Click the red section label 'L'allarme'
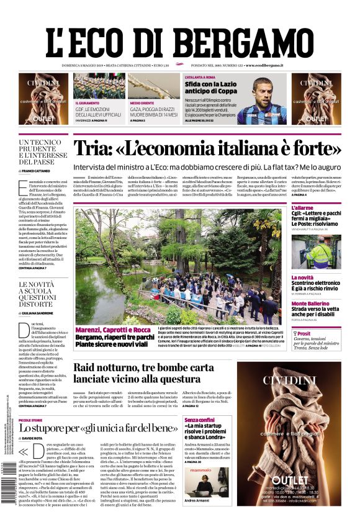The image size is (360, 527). tap(304, 207)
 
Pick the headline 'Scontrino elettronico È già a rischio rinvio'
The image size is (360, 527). tap(316, 285)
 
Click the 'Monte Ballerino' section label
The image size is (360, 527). tap(311, 303)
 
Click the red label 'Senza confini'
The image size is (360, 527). tap(199, 420)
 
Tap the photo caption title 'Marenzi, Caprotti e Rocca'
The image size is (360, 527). tap(112, 329)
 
